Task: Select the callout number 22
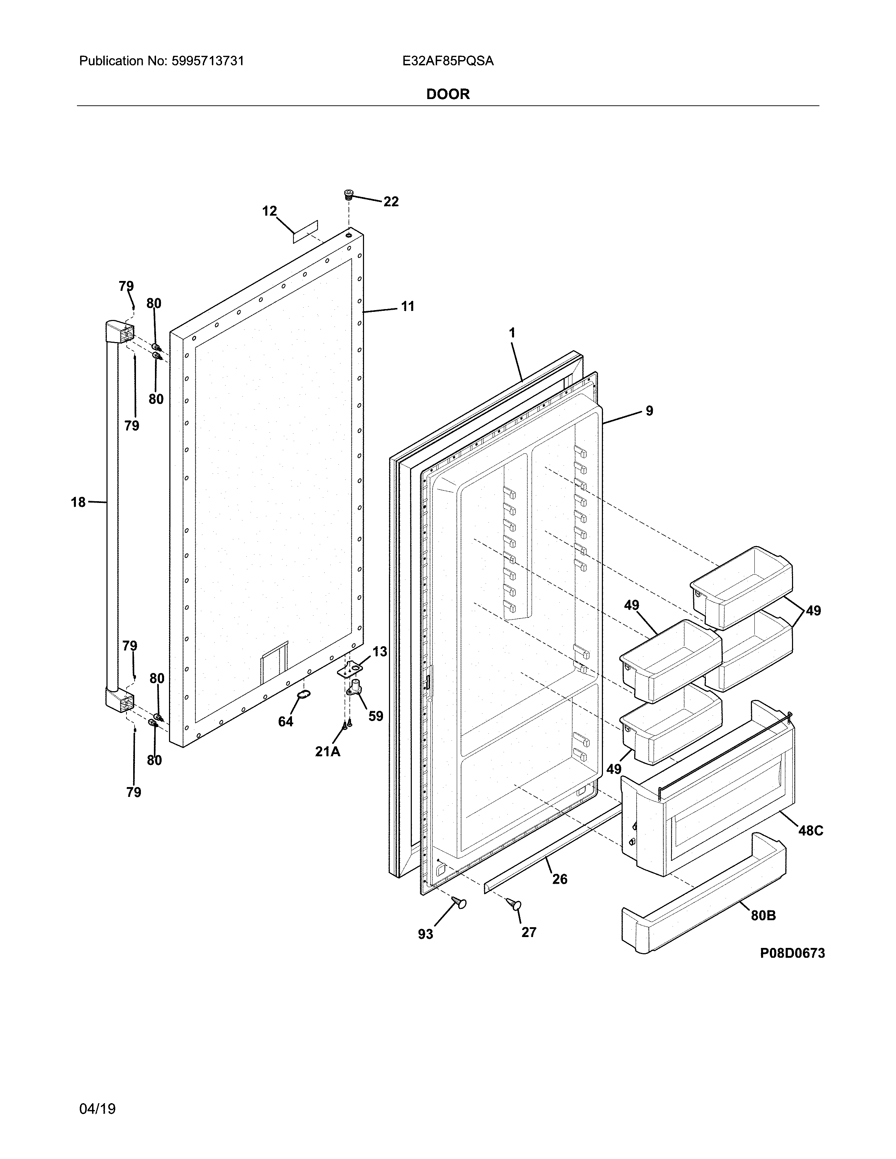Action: (x=391, y=202)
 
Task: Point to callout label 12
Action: (x=269, y=211)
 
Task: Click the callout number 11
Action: (x=407, y=306)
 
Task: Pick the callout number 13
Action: (x=379, y=651)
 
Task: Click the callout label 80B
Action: (x=763, y=915)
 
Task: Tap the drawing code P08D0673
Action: (x=792, y=954)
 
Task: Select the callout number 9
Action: (x=649, y=411)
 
